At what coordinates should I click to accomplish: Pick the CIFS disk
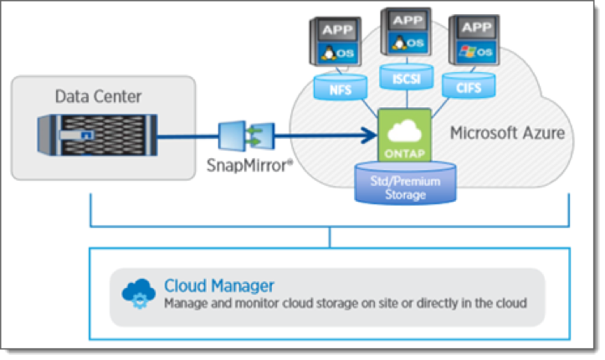click(x=471, y=86)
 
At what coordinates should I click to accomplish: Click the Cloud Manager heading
click(x=219, y=285)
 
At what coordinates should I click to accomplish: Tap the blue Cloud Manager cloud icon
click(x=138, y=293)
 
